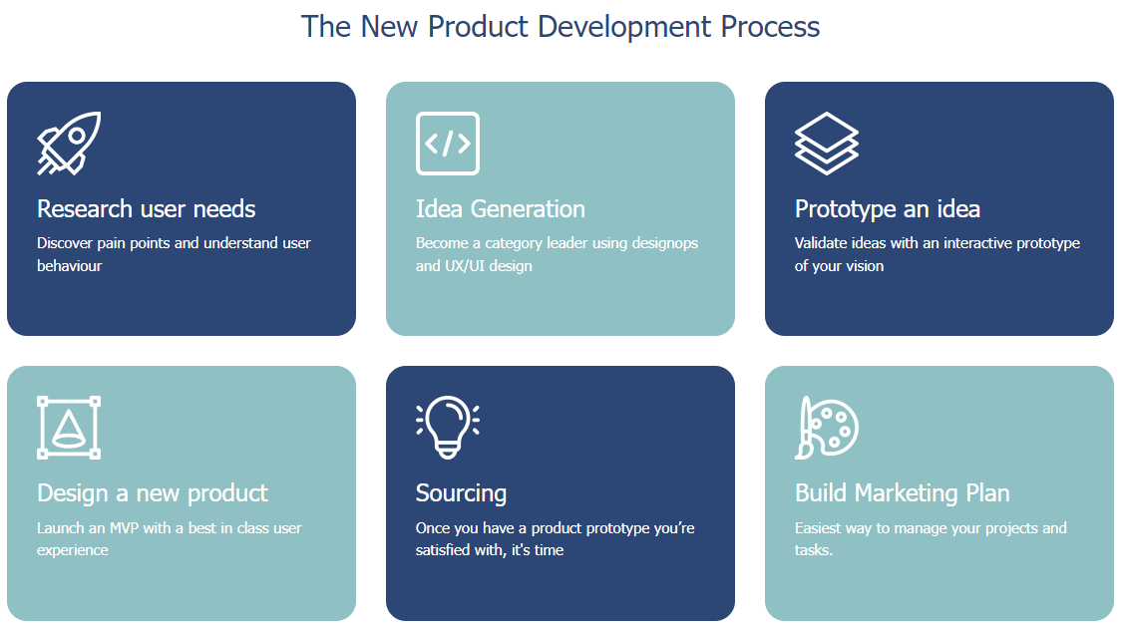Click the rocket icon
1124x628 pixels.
pos(69,144)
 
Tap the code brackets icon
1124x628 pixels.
pos(447,144)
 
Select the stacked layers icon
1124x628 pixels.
pos(827,144)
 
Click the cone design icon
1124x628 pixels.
pos(69,428)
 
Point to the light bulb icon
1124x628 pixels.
pos(447,428)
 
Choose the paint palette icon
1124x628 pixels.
pos(827,428)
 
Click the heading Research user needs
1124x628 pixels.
pos(147,209)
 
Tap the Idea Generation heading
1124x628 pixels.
pos(501,209)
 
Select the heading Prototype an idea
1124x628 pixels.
pos(888,209)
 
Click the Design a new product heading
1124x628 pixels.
pos(152,494)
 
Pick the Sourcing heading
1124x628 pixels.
pos(461,494)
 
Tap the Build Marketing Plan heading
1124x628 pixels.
pos(902,494)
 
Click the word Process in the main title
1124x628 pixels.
pos(770,27)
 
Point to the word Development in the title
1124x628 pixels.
pos(624,27)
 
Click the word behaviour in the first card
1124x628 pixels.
pos(70,266)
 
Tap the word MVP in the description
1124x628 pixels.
pos(124,528)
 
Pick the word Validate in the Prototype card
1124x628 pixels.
pos(820,243)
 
